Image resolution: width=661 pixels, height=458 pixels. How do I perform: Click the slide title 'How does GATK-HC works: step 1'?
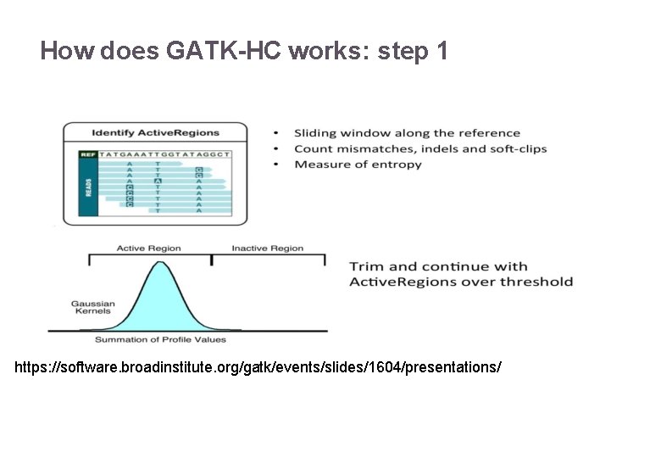tap(244, 52)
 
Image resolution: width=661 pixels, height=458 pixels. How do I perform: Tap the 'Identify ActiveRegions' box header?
tap(155, 133)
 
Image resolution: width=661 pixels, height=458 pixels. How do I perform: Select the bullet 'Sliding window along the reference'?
tap(407, 133)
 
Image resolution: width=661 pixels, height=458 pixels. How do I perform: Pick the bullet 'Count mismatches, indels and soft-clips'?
tap(420, 148)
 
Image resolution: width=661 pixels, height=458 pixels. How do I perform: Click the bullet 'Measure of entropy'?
tap(358, 165)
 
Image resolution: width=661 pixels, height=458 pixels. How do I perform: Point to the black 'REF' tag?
tap(88, 154)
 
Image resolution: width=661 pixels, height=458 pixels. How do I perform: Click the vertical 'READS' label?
tap(88, 187)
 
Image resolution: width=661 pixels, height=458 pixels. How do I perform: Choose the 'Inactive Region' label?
tap(268, 249)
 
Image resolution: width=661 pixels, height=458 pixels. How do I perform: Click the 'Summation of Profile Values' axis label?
tap(160, 339)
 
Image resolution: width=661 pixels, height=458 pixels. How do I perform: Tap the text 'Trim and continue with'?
tap(438, 266)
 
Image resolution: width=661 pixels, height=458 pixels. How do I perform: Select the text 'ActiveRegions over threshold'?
tap(461, 282)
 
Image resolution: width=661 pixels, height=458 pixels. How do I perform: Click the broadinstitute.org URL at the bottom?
tap(258, 368)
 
